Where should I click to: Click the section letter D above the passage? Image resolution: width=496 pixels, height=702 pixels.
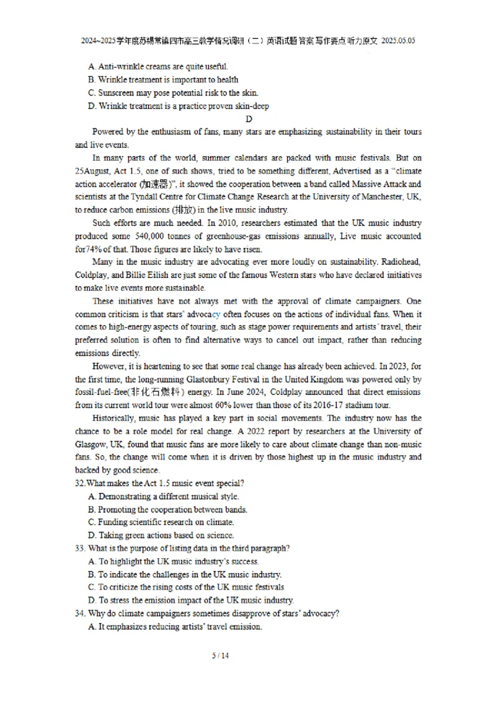coord(249,119)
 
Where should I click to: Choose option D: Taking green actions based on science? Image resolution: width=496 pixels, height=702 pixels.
coord(161,535)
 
